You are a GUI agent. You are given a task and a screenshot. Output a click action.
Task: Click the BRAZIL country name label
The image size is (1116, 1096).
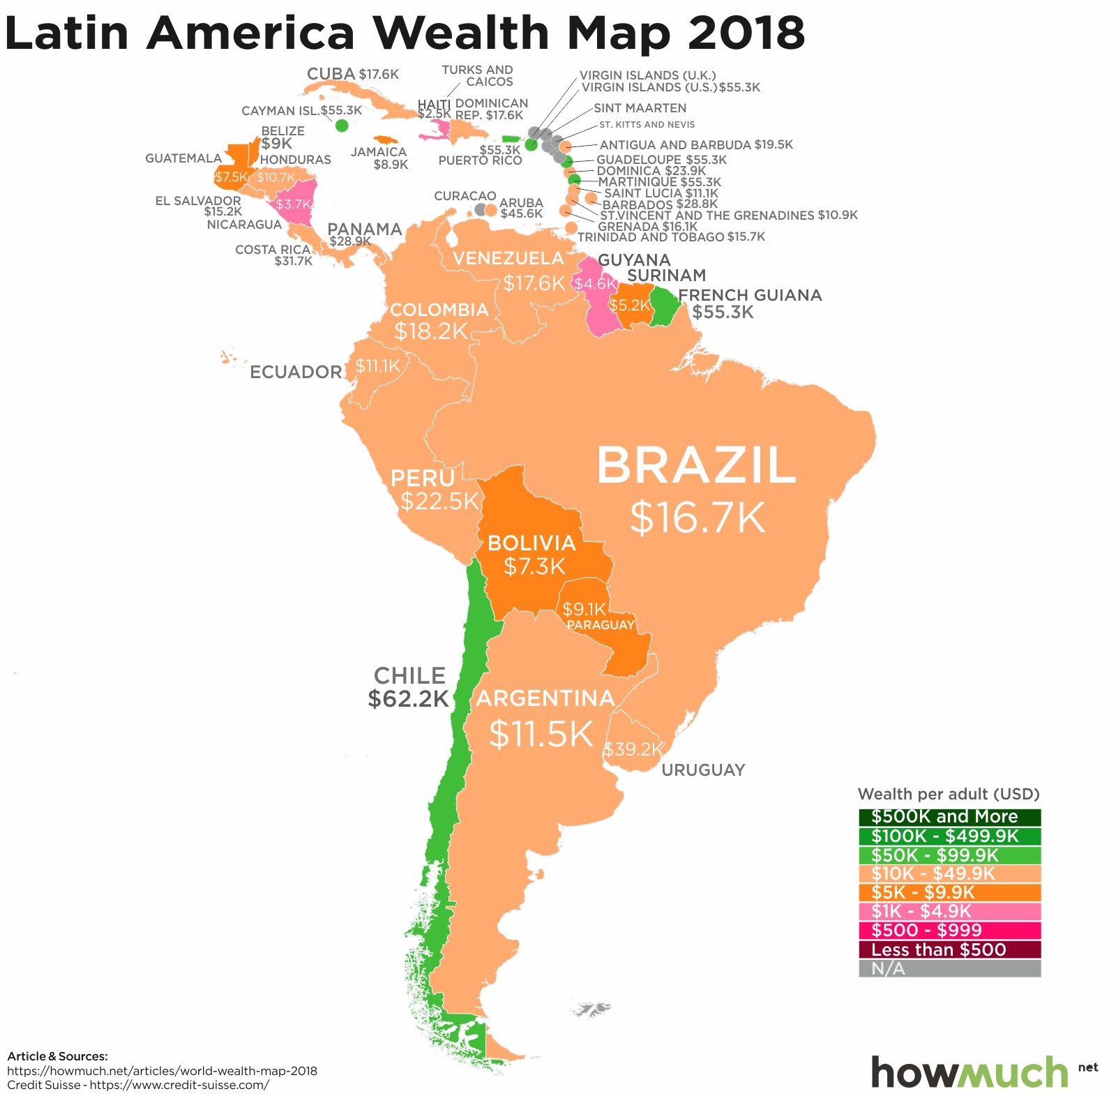pos(696,466)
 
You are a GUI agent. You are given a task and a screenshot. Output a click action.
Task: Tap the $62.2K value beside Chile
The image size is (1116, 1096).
pos(408,699)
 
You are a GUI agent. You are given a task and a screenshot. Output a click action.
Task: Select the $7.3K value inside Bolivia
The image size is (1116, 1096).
pos(534,566)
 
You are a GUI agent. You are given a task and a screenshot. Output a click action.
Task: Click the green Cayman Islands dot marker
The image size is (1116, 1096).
pos(342,126)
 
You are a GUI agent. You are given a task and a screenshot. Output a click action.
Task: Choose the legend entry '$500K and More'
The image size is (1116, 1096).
pos(949,817)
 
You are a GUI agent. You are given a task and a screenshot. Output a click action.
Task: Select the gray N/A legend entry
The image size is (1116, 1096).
pos(949,968)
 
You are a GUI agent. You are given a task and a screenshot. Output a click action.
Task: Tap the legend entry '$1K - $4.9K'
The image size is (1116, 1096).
pos(949,911)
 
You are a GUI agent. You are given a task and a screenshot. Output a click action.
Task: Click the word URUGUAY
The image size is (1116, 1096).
pos(703,770)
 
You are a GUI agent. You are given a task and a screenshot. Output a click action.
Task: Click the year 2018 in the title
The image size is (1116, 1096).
pos(746,32)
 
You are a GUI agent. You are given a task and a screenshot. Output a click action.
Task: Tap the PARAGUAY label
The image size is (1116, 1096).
pos(601,625)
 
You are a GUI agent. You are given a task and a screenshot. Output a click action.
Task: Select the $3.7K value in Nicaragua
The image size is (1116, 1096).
pos(292,204)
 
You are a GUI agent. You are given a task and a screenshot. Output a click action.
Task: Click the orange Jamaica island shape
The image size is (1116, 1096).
pos(385,140)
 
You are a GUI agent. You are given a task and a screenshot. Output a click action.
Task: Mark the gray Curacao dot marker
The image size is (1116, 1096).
pos(481,209)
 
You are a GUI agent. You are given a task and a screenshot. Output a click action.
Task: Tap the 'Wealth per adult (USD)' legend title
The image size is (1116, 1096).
pos(949,794)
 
